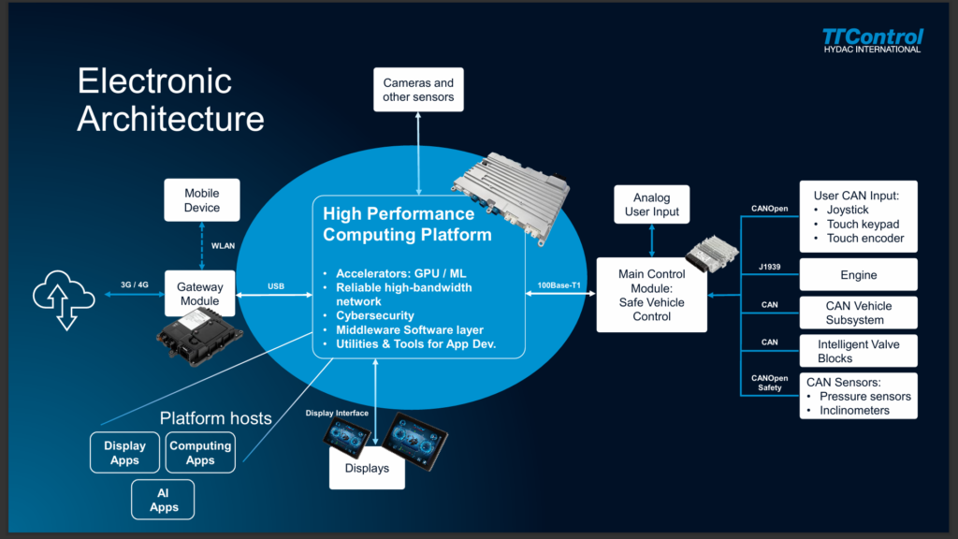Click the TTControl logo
tap(872, 41)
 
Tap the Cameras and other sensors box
tap(418, 90)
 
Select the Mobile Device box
tap(202, 200)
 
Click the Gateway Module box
tap(200, 293)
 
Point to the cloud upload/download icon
tap(64, 299)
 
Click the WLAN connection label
tap(223, 246)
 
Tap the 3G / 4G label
tap(135, 284)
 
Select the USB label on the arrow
tap(276, 286)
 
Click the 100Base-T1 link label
tap(559, 285)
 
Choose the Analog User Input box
tap(652, 204)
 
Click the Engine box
tap(859, 274)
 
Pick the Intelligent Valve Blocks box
tap(859, 351)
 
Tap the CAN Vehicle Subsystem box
tap(859, 313)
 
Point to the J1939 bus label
tap(769, 267)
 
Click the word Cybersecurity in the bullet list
tap(375, 315)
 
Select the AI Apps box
tap(163, 500)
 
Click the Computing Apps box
tap(200, 453)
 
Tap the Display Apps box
tap(124, 453)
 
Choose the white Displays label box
tap(367, 468)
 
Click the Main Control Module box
tap(652, 295)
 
